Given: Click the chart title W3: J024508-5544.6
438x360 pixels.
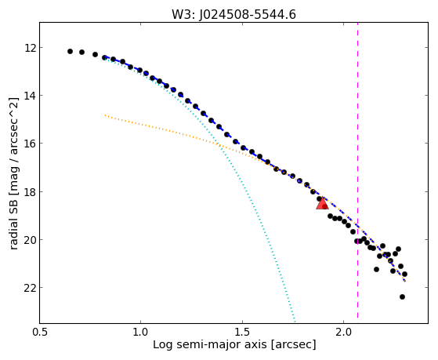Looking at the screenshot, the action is point(233,14).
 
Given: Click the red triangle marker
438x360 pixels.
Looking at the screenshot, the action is point(322,204).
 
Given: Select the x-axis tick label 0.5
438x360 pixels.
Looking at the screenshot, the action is point(40,332).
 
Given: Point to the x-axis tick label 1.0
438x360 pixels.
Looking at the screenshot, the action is point(140,332).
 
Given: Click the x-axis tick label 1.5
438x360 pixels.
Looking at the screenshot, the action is point(242,332).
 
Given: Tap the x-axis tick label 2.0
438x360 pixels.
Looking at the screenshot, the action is point(344,332).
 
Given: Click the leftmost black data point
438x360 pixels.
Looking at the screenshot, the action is point(70,52).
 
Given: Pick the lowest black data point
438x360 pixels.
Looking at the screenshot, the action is point(402,296).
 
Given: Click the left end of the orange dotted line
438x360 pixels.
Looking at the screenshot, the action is point(105,115).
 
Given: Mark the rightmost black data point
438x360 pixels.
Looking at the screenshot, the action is point(404,275).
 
